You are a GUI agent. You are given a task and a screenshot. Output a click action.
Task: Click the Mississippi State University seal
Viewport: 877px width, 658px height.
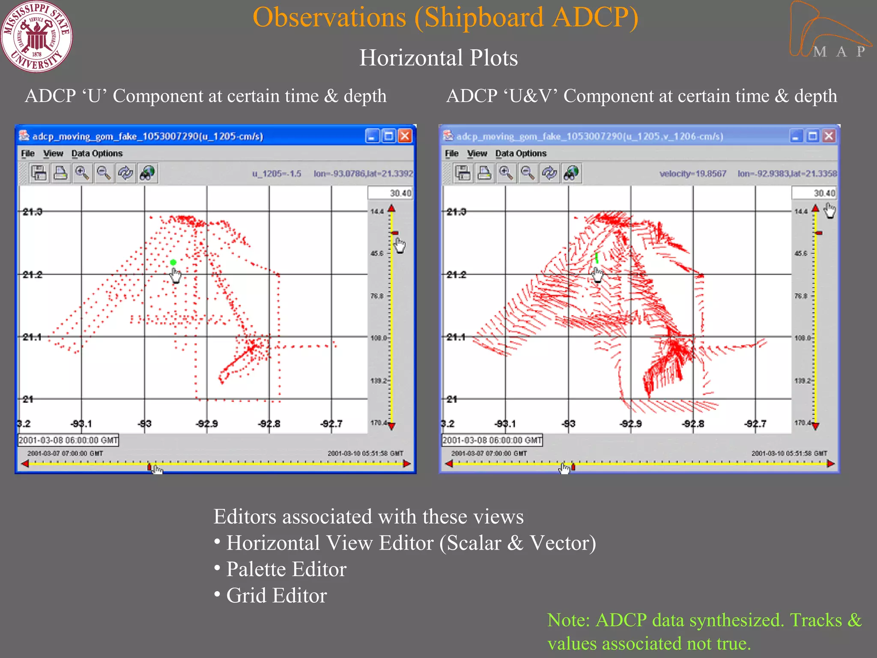click(36, 36)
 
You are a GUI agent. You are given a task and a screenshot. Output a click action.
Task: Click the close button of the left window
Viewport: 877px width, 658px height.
click(405, 136)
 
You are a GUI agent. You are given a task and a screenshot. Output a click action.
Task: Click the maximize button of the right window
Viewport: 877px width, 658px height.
click(812, 136)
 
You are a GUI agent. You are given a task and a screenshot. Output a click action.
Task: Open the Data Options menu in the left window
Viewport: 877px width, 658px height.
click(97, 153)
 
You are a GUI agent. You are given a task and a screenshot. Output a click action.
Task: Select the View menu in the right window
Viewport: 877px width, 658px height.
click(477, 153)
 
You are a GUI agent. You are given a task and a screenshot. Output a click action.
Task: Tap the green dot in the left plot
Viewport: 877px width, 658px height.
click(173, 262)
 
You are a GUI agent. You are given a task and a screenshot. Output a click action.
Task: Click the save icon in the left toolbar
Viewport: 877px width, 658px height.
click(39, 173)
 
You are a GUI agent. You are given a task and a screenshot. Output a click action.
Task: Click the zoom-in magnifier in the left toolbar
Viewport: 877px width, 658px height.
click(82, 173)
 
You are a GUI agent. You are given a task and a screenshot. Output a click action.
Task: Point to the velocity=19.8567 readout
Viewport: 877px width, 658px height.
click(692, 173)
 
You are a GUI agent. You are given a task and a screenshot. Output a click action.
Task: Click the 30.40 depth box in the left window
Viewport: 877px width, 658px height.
click(390, 193)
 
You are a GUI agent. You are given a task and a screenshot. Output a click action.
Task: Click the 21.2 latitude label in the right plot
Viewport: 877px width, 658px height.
click(456, 275)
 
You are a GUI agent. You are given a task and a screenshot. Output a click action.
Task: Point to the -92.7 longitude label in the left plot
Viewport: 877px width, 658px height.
click(331, 424)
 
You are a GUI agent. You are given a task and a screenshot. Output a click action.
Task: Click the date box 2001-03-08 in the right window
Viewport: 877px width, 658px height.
click(492, 440)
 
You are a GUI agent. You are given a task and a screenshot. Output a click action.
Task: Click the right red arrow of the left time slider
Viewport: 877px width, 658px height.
click(406, 464)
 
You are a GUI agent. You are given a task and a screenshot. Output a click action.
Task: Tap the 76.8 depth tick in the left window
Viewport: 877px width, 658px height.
click(377, 296)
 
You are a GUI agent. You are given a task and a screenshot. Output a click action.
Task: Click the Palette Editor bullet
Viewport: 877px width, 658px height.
click(286, 569)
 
